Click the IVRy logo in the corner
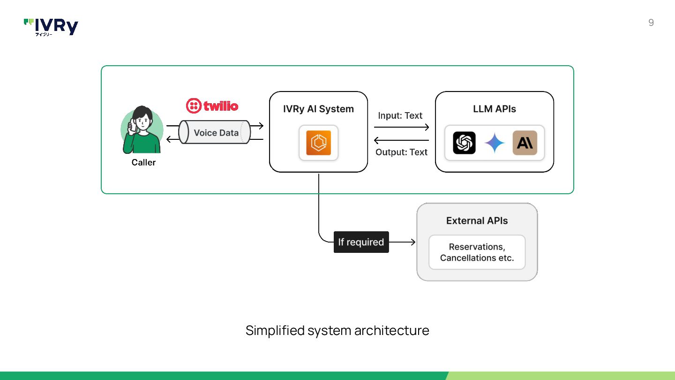(51, 27)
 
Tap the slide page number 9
(651, 23)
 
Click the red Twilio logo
(212, 106)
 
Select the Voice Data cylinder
(215, 132)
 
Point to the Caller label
(143, 162)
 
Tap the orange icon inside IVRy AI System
(319, 143)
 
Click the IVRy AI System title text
(318, 109)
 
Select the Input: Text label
(400, 115)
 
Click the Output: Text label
(401, 152)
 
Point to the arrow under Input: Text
(401, 127)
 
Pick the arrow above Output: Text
(401, 140)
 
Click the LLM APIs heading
(494, 109)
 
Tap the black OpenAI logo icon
(464, 143)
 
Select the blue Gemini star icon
(495, 143)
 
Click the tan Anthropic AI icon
(525, 143)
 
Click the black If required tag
(361, 242)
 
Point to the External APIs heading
(477, 221)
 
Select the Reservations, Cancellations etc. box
(477, 252)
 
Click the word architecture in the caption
(392, 331)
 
